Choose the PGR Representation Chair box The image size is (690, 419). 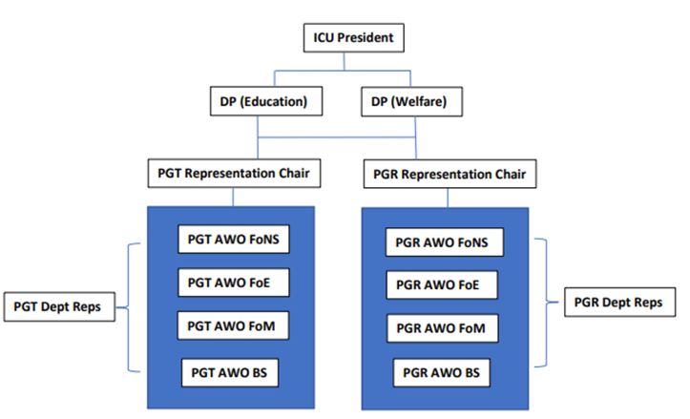pyautogui.click(x=446, y=175)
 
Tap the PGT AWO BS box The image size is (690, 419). pyautogui.click(x=229, y=371)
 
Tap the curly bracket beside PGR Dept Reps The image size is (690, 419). pyautogui.click(x=546, y=304)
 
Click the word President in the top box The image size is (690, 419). pyautogui.click(x=371, y=39)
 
